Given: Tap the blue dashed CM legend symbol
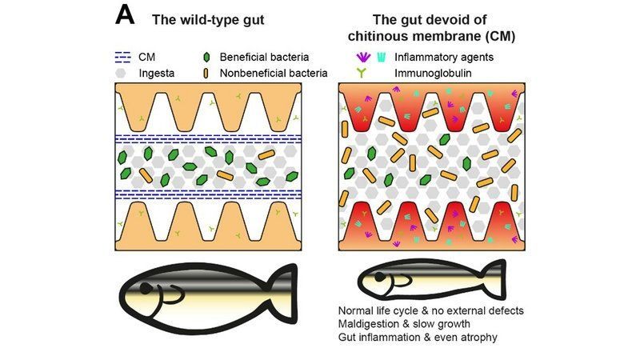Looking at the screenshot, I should click(x=124, y=58).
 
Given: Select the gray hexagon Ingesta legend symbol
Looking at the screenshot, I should click(x=122, y=73).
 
